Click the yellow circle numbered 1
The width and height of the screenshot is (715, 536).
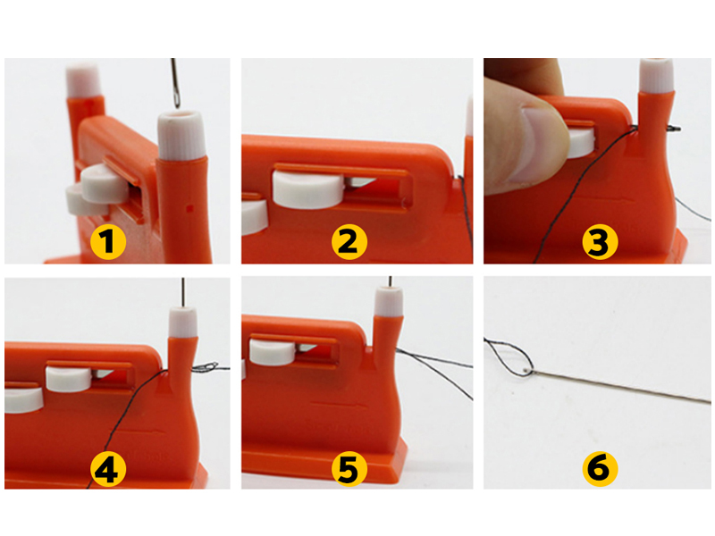(108, 241)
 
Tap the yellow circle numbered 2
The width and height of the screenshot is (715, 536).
(349, 241)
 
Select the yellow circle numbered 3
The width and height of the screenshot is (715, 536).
(600, 241)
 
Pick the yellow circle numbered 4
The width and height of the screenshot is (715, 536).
(108, 470)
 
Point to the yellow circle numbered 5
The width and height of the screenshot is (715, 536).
(349, 470)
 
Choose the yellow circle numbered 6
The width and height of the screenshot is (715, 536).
(600, 470)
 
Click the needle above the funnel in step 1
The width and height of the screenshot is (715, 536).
(175, 83)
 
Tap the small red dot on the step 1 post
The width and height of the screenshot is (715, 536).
(189, 209)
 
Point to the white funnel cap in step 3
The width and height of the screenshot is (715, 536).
(657, 75)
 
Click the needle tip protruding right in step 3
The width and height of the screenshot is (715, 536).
(674, 129)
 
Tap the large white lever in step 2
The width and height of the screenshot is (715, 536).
(308, 189)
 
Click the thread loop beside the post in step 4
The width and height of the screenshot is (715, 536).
(206, 367)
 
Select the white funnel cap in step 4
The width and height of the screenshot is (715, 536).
(183, 322)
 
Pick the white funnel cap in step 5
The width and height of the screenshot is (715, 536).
(390, 301)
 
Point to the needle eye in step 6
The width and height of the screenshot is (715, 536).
(528, 370)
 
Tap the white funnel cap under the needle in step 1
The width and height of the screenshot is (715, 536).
(181, 135)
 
